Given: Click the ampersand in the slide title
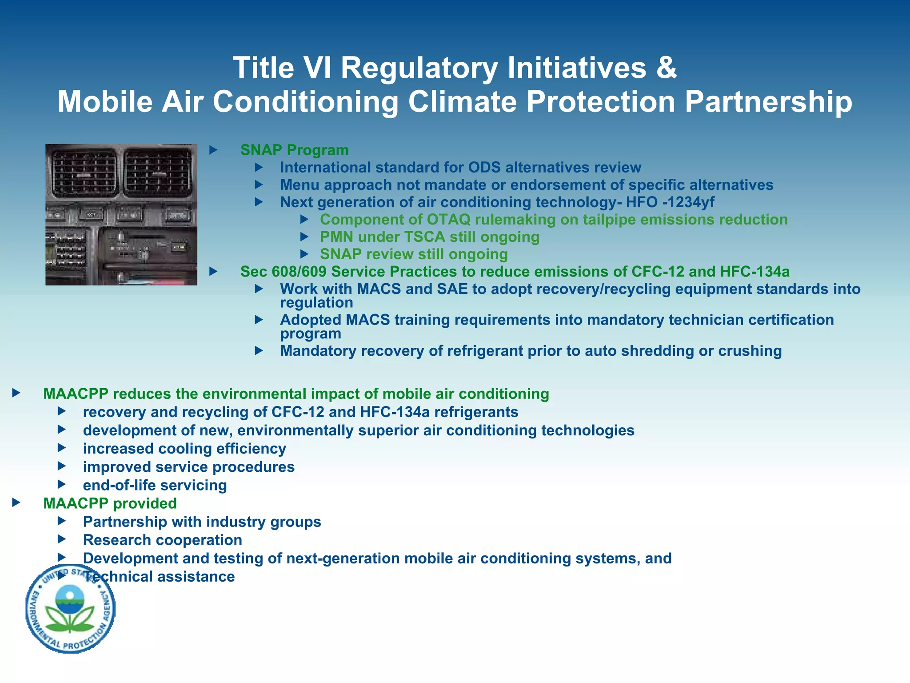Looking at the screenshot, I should point(666,68).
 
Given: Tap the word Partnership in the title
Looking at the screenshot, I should point(768,102).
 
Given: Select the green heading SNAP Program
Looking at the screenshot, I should point(294,150).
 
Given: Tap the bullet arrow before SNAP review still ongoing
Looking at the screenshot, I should point(304,254).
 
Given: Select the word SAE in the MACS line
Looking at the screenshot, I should point(452,289).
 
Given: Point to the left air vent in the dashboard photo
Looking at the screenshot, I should point(84,173).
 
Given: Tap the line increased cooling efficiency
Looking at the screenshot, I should point(184,449).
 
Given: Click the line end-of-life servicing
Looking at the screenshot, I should point(155,485).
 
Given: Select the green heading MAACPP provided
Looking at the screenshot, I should point(110,503).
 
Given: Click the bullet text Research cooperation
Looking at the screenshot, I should point(163,540).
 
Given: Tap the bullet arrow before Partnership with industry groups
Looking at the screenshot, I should point(62,521).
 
